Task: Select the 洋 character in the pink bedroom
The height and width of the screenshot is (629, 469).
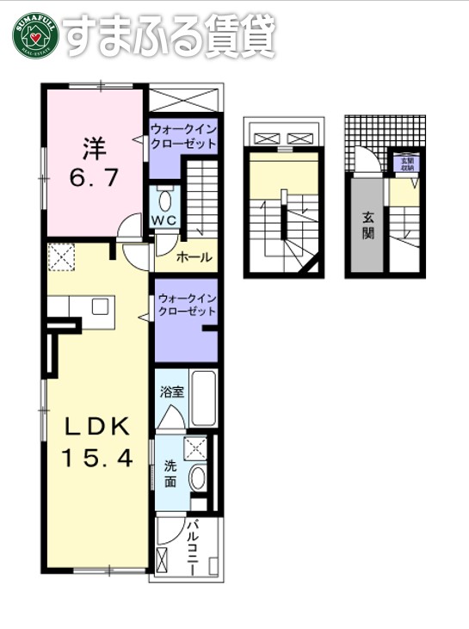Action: (x=95, y=149)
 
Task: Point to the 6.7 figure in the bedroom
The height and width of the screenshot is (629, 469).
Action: (x=95, y=180)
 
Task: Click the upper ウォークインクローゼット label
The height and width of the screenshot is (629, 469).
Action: (x=183, y=137)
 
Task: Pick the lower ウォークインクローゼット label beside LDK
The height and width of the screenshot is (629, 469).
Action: (x=187, y=305)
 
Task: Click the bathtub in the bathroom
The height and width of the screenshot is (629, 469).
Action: (x=203, y=398)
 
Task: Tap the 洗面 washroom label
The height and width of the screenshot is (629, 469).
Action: (x=170, y=474)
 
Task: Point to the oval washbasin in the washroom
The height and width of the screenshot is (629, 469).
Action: (x=198, y=478)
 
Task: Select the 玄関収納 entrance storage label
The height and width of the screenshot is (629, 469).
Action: (x=404, y=163)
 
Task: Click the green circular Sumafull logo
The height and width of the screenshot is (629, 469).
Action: (x=33, y=35)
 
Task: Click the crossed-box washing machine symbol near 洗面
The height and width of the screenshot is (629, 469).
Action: (x=196, y=447)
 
